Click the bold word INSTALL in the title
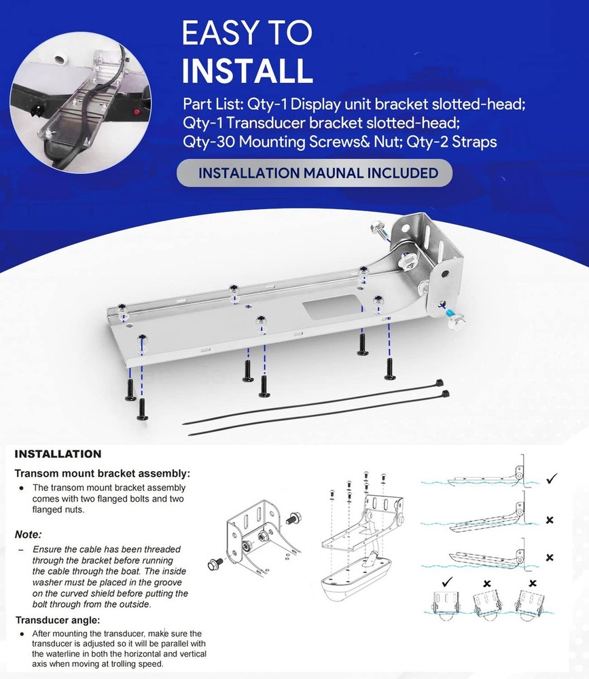(247, 70)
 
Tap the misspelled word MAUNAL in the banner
(334, 173)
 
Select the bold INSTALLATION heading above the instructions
(58, 454)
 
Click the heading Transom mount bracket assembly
(103, 473)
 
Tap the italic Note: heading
(29, 534)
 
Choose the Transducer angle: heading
(58, 619)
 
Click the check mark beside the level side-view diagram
(551, 479)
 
